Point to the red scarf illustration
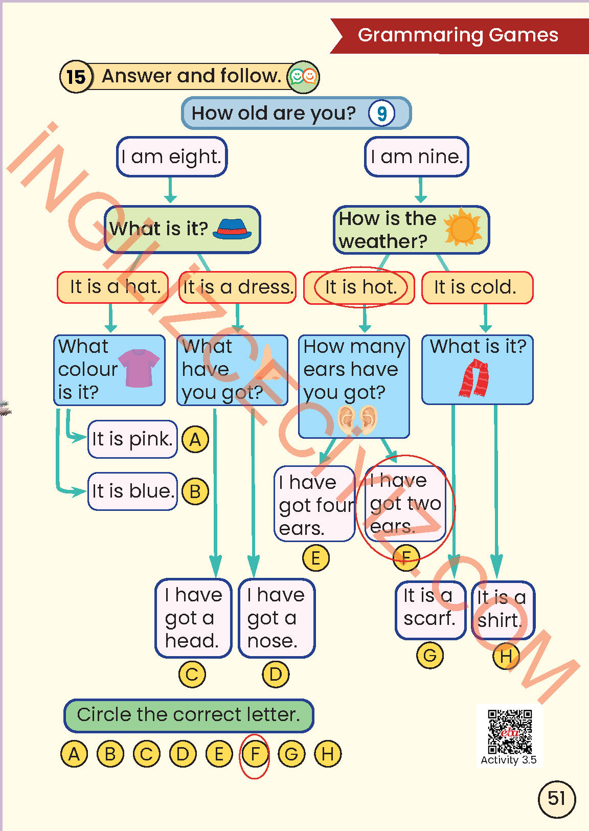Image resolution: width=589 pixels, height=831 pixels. tap(474, 378)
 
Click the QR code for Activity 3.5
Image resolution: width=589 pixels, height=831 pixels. tap(509, 732)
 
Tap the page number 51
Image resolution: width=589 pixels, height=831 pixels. tap(556, 798)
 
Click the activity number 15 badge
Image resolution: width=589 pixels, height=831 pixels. tap(76, 77)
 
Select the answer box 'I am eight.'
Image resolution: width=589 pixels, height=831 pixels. tap(171, 156)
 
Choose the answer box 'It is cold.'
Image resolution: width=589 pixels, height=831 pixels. tap(477, 287)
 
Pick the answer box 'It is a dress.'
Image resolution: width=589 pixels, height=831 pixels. tap(238, 287)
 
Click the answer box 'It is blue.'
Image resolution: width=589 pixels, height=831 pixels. tap(132, 491)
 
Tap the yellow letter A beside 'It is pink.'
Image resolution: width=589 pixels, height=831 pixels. tap(195, 439)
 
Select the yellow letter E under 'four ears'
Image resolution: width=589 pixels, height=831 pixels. tap(315, 558)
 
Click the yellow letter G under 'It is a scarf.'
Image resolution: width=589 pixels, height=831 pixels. tap(430, 655)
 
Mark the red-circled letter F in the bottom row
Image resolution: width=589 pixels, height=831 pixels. tap(255, 754)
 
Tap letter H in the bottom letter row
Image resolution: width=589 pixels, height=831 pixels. tap(328, 754)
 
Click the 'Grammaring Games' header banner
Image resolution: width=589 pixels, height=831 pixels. tap(458, 35)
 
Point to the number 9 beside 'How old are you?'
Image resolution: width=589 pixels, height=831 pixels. tap(381, 114)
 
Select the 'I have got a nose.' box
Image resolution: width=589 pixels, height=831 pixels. tap(277, 618)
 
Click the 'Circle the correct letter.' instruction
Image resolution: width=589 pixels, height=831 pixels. tap(188, 715)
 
